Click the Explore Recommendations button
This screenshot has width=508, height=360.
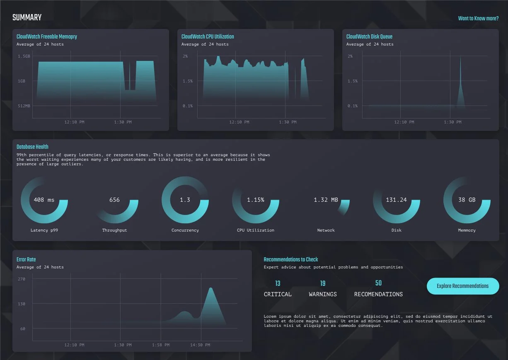[x=462, y=286]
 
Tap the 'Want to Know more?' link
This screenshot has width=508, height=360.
[x=478, y=19]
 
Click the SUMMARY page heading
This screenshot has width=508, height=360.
[x=27, y=17]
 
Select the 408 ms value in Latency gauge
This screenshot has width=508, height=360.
[x=44, y=200]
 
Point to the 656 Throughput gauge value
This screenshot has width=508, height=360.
[x=114, y=200]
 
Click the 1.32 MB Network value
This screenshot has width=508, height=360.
[x=326, y=200]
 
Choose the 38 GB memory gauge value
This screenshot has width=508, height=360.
[x=467, y=200]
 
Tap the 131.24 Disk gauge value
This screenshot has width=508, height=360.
[x=396, y=200]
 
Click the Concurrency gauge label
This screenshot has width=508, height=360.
[x=185, y=230]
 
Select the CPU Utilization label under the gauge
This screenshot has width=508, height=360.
[x=255, y=230]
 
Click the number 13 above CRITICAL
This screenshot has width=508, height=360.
[x=278, y=283]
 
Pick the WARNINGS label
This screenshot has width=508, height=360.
[x=323, y=294]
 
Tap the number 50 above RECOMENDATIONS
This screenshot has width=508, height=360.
[x=378, y=283]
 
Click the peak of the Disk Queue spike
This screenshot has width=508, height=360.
[x=460, y=57]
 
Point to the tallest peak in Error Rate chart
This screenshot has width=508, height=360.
[x=210, y=288]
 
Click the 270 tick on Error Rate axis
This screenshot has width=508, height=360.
[x=21, y=279]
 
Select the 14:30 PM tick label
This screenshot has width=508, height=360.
[x=200, y=345]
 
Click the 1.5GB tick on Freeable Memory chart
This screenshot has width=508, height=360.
[x=24, y=56]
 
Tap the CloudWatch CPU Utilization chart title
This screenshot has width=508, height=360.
[x=208, y=36]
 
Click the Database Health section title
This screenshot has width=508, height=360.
[x=32, y=147]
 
